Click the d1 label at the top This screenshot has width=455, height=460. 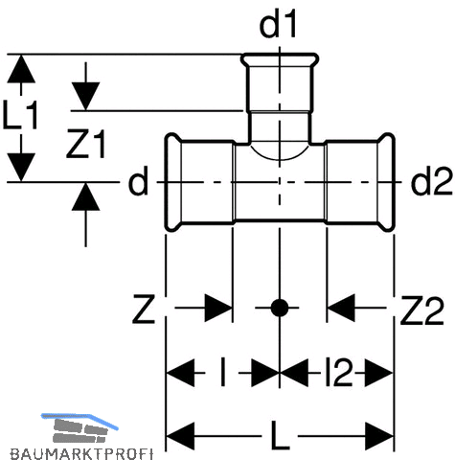pos(278,25)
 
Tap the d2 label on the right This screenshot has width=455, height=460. pos(432,182)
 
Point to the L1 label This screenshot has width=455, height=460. pos(20,114)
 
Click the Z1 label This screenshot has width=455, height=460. pos(85,144)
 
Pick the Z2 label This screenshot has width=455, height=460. pos(422,310)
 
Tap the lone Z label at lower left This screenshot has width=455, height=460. pos(144,310)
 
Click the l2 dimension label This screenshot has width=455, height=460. pos(338,372)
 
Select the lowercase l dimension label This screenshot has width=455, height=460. pos(223,372)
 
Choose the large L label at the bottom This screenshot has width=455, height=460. pos(280,434)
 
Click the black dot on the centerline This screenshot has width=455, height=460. pos(280,308)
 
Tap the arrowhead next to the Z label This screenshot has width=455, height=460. pos(218,308)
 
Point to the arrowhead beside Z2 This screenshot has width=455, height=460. pos(341,308)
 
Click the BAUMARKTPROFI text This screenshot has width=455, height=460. pos(81,453)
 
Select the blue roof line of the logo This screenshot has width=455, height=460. pos(80,420)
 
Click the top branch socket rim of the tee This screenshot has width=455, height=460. pos(280,60)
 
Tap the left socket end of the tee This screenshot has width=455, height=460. pos(173,182)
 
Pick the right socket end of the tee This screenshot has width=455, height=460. pos(387,182)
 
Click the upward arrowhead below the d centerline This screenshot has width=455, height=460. pos(85,197)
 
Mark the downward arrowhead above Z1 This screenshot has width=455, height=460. pos(85,96)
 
